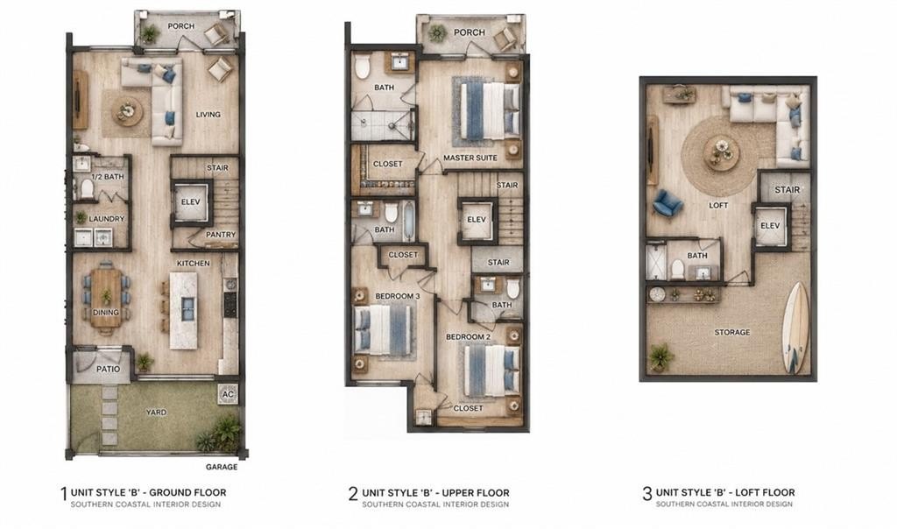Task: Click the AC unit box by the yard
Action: click(x=229, y=394)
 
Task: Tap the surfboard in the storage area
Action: click(x=795, y=328)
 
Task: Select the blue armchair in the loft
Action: click(x=667, y=203)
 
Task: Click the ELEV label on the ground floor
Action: click(x=190, y=201)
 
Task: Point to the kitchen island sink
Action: click(x=188, y=309)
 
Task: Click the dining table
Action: click(x=106, y=298)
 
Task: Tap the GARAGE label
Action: click(x=222, y=467)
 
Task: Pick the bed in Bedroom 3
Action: click(x=384, y=330)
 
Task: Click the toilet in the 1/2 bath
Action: click(x=87, y=188)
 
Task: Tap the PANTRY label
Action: click(x=221, y=235)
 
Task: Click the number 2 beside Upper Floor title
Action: click(x=353, y=494)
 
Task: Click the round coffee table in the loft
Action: click(x=722, y=153)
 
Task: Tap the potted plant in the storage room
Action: click(x=661, y=358)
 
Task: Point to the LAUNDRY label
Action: click(x=106, y=218)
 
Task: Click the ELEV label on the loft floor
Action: click(x=770, y=226)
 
